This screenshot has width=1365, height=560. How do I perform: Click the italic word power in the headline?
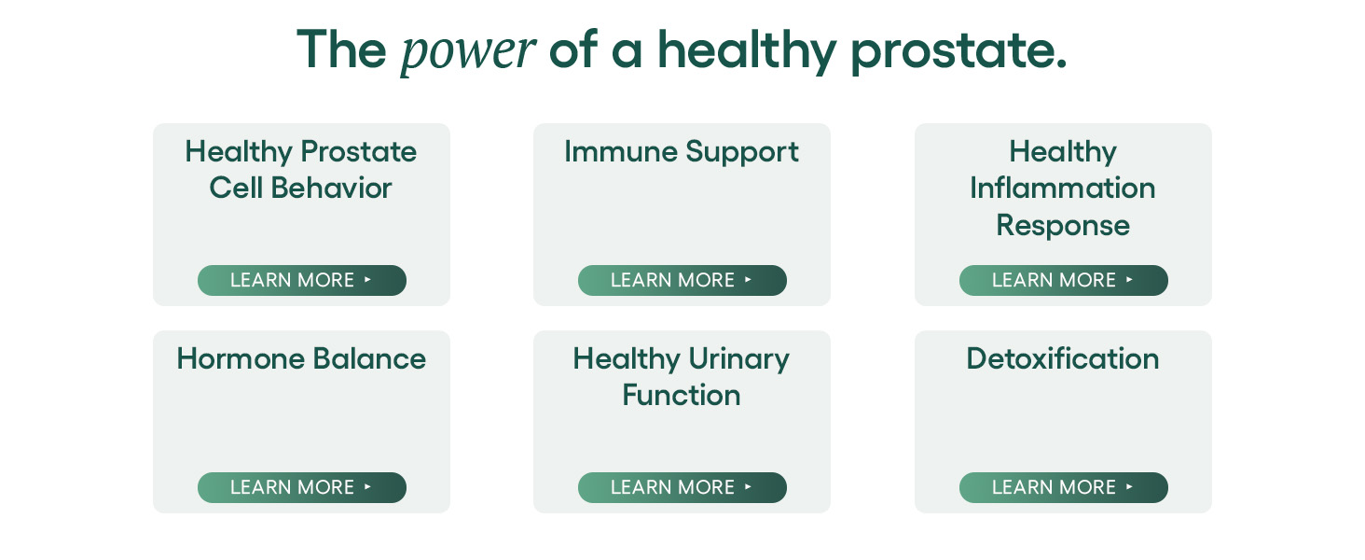tap(468, 52)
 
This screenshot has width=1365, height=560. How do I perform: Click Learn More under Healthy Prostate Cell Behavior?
tap(302, 280)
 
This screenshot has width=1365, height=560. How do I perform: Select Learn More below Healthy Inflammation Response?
tap(1063, 280)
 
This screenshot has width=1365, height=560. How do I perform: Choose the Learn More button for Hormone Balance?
tap(302, 487)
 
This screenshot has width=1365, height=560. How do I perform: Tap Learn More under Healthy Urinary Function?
tap(682, 487)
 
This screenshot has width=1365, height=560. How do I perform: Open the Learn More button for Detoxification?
tap(1063, 487)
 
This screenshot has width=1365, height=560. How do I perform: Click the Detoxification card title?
tap(1063, 358)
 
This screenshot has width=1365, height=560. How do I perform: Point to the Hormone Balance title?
tap(301, 358)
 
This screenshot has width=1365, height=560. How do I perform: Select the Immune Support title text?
tap(682, 152)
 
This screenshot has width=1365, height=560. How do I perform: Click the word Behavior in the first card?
tap(331, 188)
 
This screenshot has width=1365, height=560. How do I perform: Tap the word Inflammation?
tap(1063, 188)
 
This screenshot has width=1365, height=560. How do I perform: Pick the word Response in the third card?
tap(1063, 226)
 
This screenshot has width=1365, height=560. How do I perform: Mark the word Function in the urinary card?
tap(682, 395)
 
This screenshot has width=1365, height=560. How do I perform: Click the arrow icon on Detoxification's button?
tap(1129, 487)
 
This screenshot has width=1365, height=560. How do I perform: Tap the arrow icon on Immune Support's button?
tap(748, 279)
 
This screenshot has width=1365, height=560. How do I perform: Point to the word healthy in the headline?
tap(747, 51)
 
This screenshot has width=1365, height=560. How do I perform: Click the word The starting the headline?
tap(341, 49)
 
